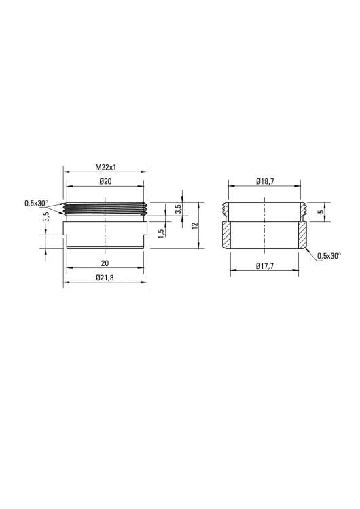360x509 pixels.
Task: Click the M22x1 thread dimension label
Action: [105, 168]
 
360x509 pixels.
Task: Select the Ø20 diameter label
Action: [105, 181]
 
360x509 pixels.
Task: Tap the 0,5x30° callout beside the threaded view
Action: [36, 204]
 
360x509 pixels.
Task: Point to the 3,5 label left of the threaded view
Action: [46, 216]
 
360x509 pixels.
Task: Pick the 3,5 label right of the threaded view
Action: [178, 209]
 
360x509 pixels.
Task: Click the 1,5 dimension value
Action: [161, 233]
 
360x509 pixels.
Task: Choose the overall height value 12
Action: [195, 226]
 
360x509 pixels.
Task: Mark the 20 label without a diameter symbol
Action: [105, 263]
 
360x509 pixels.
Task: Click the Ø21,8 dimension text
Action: [105, 278]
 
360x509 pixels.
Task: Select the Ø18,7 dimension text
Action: [265, 181]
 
